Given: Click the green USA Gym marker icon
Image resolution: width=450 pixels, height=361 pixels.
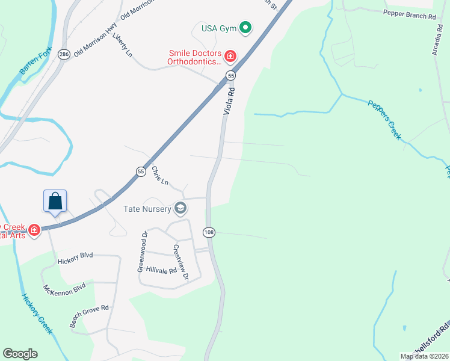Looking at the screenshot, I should [245, 28].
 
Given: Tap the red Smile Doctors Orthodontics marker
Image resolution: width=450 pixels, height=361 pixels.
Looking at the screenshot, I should [230, 57].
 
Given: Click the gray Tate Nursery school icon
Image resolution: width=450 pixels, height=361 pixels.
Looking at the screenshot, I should [180, 209].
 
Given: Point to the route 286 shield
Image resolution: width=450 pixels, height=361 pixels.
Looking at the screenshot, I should [64, 54].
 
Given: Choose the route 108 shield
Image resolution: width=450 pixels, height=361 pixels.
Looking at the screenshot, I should [209, 232].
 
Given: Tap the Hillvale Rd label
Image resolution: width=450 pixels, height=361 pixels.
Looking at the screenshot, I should [161, 270].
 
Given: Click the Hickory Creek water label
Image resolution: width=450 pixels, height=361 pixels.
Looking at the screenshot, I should [37, 313].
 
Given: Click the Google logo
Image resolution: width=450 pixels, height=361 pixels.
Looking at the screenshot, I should [20, 354].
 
